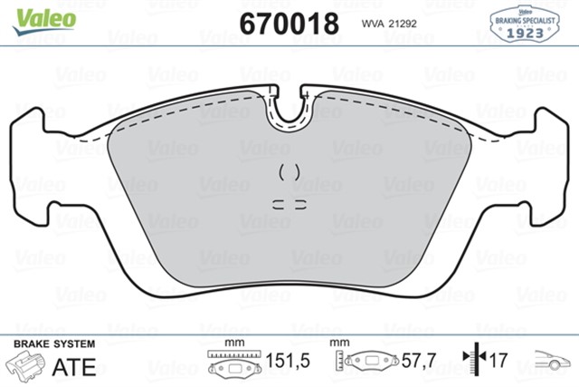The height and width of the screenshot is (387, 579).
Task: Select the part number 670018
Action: pyautogui.click(x=289, y=22)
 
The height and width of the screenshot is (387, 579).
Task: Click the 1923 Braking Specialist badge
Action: pyautogui.click(x=524, y=24)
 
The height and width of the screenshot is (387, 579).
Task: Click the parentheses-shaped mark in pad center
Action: pyautogui.click(x=289, y=171)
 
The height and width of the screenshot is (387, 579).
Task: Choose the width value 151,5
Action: pyautogui.click(x=289, y=362)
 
